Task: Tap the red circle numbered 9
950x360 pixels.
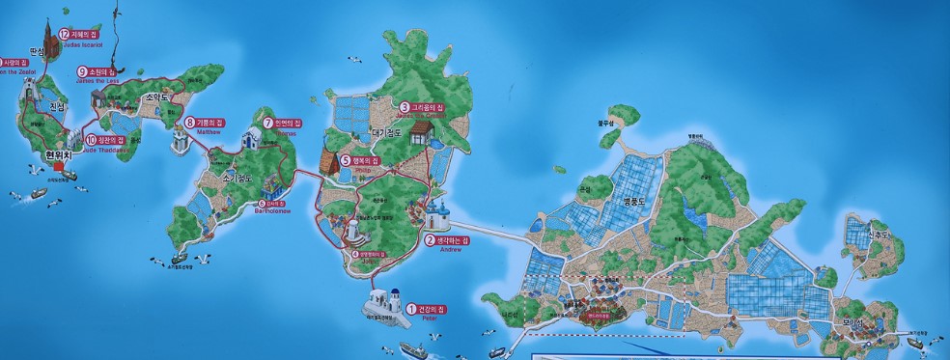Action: [82, 71]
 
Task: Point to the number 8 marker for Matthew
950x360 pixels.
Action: [189, 122]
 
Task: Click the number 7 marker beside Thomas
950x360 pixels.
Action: [268, 124]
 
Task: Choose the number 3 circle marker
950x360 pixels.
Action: [405, 106]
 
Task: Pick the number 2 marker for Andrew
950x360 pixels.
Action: [431, 239]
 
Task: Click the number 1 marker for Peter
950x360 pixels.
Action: [410, 308]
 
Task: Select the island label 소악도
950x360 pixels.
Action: [156, 97]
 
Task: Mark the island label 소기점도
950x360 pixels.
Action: [237, 179]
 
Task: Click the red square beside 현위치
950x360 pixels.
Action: [58, 165]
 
